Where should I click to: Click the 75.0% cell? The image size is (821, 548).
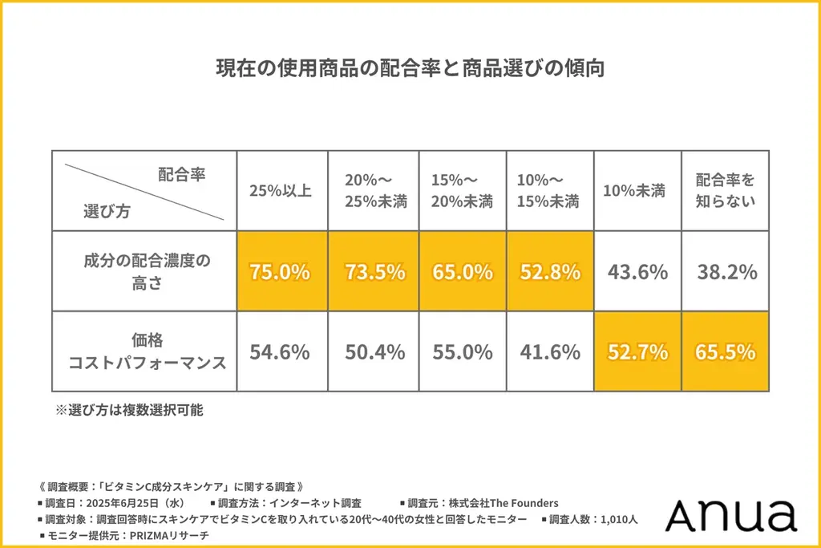281,271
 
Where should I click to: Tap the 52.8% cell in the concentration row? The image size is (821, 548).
549,271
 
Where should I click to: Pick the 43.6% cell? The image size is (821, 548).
637,271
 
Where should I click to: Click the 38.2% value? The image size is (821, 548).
725,271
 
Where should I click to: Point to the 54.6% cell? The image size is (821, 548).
281,351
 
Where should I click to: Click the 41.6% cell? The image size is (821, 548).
549,351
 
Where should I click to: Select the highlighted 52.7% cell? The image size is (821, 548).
637,351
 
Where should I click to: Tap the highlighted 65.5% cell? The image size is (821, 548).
725,351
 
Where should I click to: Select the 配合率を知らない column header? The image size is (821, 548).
725,190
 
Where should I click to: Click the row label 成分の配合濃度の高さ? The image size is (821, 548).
146,271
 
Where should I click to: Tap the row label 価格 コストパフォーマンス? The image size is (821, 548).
146,351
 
